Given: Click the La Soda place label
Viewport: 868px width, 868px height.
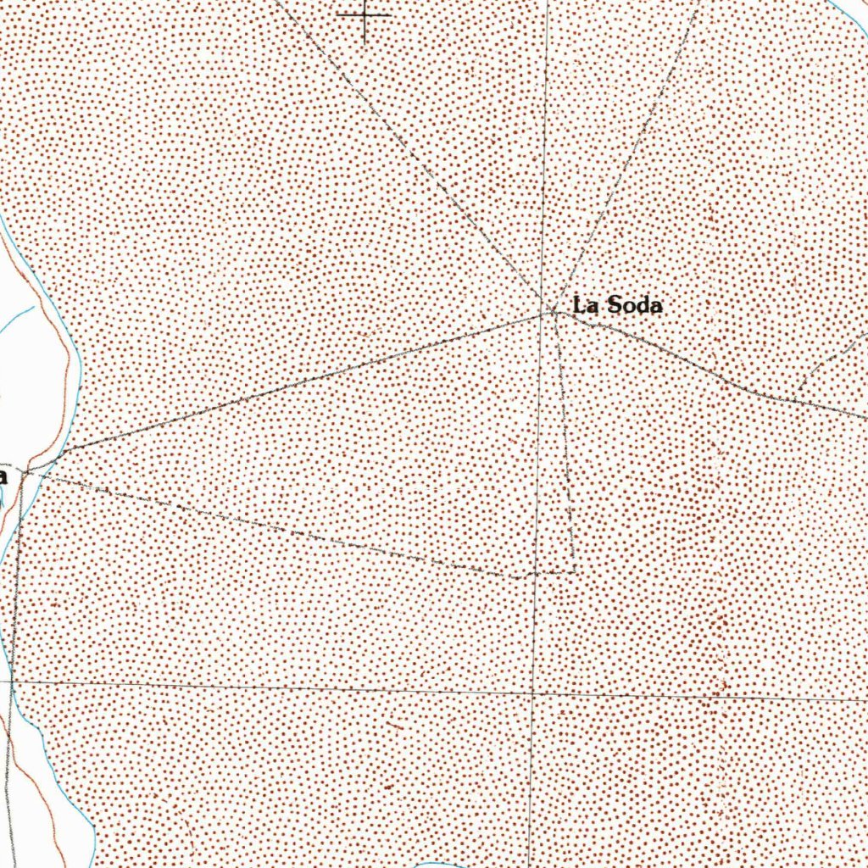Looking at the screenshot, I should [617, 305].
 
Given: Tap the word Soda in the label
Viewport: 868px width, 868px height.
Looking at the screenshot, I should [632, 305].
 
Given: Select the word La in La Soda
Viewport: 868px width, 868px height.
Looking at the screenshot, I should [585, 305].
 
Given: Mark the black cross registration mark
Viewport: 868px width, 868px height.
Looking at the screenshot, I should [364, 15].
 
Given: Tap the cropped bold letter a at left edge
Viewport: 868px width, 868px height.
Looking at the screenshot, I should [3, 476].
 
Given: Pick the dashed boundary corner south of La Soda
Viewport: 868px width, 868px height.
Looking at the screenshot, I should [576, 570].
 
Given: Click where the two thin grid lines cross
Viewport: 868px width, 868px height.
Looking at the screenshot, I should [532, 693].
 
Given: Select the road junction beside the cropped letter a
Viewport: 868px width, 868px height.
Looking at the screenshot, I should [27, 468].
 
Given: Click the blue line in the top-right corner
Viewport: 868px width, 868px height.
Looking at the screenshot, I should [848, 12].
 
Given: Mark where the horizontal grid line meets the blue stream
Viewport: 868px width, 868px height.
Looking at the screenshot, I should [10, 681].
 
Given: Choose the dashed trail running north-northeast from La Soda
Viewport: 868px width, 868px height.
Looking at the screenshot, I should [627, 153].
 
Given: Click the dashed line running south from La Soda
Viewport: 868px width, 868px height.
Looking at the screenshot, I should [566, 441].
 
